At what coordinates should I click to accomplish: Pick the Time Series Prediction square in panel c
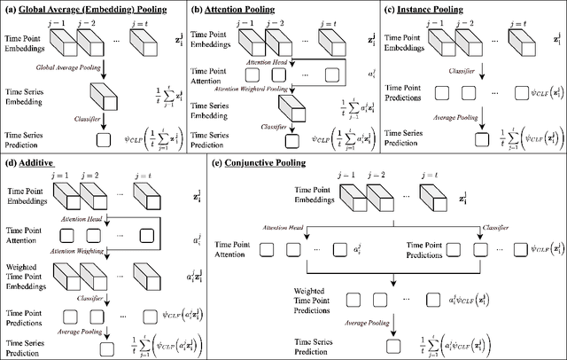point(480,137)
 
